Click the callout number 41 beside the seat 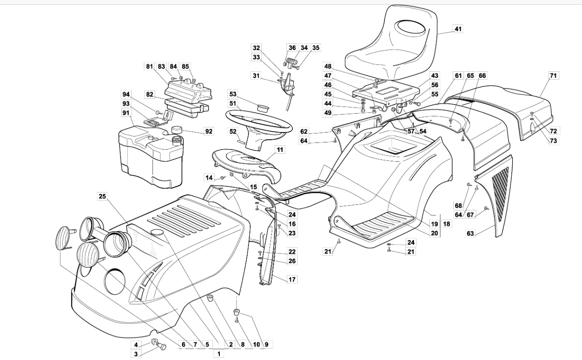[458, 29]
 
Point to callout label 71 [553, 75]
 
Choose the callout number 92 [208, 132]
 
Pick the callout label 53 [233, 94]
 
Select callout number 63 [470, 233]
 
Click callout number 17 [292, 279]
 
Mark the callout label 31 [256, 76]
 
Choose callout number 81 [150, 66]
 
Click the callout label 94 [126, 94]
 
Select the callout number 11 [280, 150]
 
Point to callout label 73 [553, 140]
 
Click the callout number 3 [136, 353]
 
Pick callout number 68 [458, 206]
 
